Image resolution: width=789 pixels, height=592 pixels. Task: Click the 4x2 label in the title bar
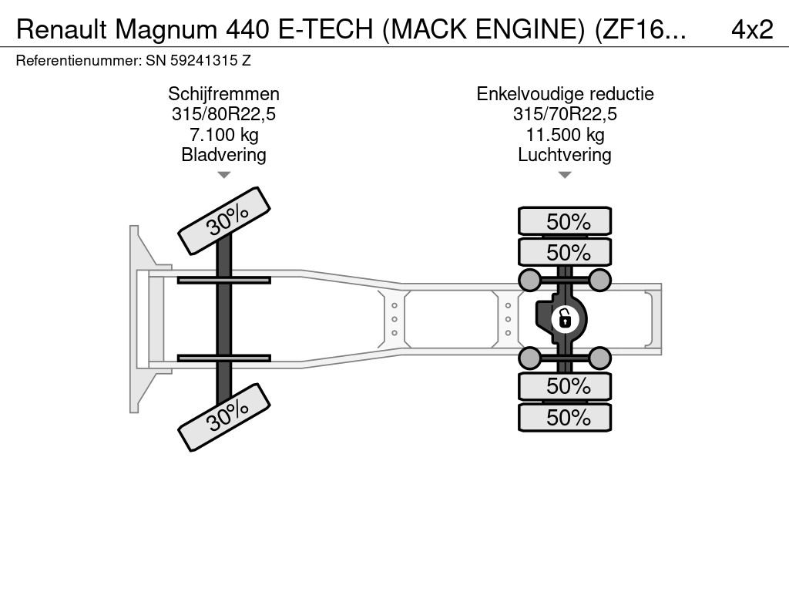pyautogui.click(x=751, y=29)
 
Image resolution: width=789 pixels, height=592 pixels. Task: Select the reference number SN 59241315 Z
pyautogui.click(x=198, y=59)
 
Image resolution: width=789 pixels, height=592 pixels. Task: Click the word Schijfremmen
pyautogui.click(x=223, y=94)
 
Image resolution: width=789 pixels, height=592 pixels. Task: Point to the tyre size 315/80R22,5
pyautogui.click(x=223, y=114)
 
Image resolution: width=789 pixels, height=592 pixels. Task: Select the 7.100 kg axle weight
pyautogui.click(x=223, y=135)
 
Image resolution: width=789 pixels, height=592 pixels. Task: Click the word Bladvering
pyautogui.click(x=223, y=155)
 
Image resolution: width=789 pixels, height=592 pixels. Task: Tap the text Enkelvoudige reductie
pyautogui.click(x=565, y=94)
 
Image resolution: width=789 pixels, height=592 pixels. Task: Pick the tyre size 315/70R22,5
pyautogui.click(x=565, y=114)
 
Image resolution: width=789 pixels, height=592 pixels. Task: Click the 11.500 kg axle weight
pyautogui.click(x=565, y=135)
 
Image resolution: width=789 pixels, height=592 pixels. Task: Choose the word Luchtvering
pyautogui.click(x=565, y=155)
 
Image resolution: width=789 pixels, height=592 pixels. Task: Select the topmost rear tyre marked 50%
pyautogui.click(x=566, y=221)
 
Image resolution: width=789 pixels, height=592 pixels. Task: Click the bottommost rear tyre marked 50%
pyautogui.click(x=566, y=417)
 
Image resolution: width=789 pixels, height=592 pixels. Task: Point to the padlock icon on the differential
pyautogui.click(x=564, y=318)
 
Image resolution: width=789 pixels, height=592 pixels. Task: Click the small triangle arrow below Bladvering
pyautogui.click(x=223, y=175)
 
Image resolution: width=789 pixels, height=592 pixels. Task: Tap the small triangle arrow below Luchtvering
pyautogui.click(x=565, y=175)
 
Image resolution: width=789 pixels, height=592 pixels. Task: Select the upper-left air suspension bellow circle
pyautogui.click(x=529, y=279)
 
